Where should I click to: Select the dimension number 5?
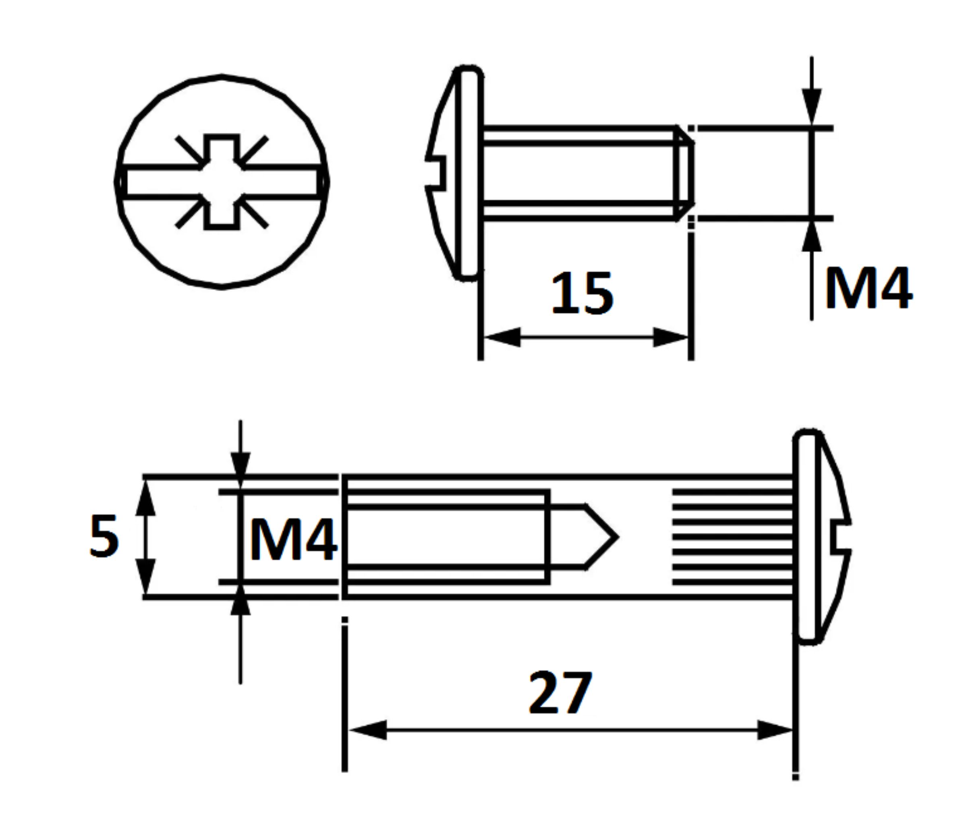(x=104, y=536)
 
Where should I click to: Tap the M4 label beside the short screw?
(x=868, y=288)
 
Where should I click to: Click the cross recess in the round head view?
(x=222, y=182)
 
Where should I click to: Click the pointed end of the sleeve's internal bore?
(x=601, y=537)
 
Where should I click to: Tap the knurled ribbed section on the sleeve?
(x=732, y=537)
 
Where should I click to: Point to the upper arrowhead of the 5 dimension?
(x=145, y=498)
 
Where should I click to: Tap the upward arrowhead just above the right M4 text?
(x=812, y=237)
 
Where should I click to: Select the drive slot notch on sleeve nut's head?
(x=839, y=537)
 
